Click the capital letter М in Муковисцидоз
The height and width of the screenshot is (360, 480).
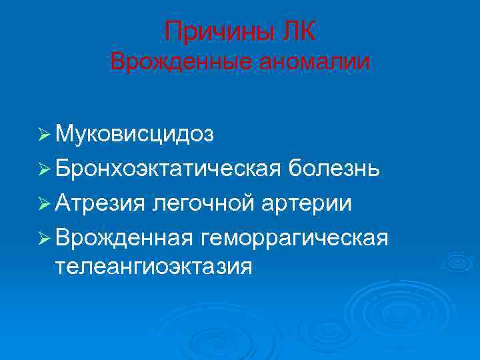point(65,135)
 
